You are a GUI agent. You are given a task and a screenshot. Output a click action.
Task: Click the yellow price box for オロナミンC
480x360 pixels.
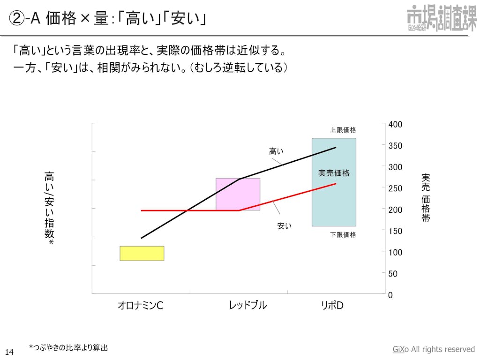(142, 253)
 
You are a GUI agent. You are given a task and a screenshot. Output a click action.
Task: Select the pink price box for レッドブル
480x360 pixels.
(238, 194)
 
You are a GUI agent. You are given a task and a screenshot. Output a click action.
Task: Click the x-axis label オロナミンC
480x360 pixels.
(140, 306)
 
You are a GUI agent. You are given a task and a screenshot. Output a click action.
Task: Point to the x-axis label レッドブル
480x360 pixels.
(248, 305)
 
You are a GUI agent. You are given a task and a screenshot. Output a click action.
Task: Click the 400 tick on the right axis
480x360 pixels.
(395, 124)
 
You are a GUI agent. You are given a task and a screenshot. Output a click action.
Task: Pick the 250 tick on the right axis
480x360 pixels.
(395, 188)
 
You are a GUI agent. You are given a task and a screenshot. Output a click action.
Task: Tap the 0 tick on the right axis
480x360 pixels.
(390, 295)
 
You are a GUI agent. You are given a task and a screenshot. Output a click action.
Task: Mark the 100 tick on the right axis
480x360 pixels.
(395, 252)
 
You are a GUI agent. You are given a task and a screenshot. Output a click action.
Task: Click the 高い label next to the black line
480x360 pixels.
(276, 151)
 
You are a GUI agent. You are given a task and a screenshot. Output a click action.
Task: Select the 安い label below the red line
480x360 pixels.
(285, 226)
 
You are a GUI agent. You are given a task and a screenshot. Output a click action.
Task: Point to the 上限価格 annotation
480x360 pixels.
(343, 130)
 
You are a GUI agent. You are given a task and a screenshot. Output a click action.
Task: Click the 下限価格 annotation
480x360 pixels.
(343, 234)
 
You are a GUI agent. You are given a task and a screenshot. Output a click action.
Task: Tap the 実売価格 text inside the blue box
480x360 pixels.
(334, 173)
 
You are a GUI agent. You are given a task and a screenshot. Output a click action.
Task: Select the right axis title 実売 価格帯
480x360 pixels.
(425, 197)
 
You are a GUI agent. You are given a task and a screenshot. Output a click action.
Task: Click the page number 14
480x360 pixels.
(9, 351)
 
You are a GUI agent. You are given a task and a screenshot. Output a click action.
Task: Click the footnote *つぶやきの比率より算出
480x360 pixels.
(68, 347)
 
